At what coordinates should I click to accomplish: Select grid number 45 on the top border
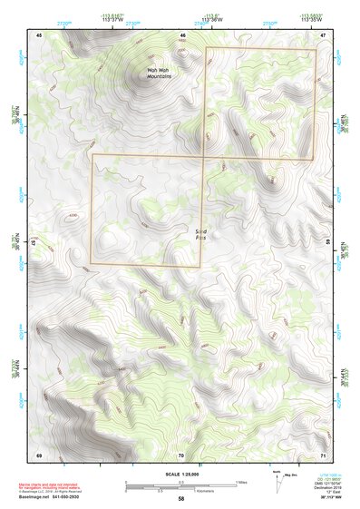[39, 34]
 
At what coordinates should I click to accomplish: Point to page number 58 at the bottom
[181, 499]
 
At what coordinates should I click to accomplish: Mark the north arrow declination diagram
[279, 479]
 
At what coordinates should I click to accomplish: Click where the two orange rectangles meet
[203, 156]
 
